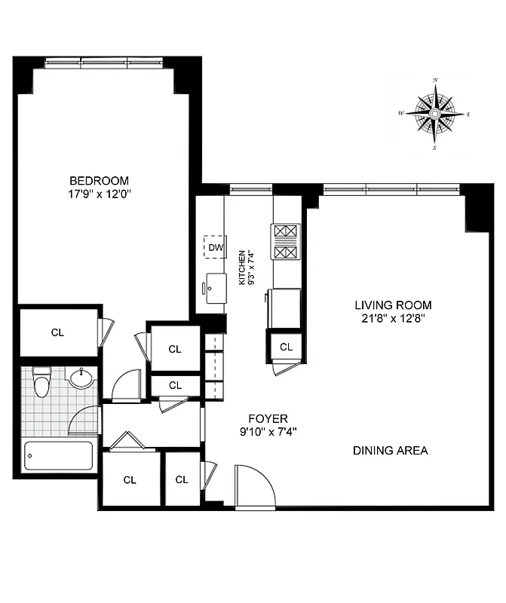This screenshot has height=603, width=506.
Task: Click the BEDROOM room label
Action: pyautogui.click(x=99, y=181)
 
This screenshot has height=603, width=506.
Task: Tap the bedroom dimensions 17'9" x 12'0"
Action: pyautogui.click(x=99, y=194)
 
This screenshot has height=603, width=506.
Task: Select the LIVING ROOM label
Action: pyautogui.click(x=394, y=305)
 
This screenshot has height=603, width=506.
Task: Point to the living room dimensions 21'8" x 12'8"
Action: pyautogui.click(x=394, y=319)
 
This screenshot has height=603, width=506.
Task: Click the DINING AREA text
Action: pyautogui.click(x=391, y=451)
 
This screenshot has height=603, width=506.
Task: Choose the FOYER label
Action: pyautogui.click(x=268, y=419)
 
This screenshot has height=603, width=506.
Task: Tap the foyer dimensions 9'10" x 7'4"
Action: pyautogui.click(x=268, y=433)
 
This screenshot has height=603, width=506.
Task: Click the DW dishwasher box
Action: pyautogui.click(x=215, y=246)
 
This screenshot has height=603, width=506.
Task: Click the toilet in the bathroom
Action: pyautogui.click(x=43, y=382)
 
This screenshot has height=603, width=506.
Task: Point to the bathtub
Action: pyautogui.click(x=59, y=456)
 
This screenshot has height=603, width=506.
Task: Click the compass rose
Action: pyautogui.click(x=435, y=114)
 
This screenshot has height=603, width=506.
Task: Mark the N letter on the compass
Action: pyautogui.click(x=435, y=80)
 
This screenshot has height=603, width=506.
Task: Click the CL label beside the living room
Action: pyautogui.click(x=287, y=347)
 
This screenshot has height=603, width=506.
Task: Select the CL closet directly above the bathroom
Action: pyautogui.click(x=57, y=332)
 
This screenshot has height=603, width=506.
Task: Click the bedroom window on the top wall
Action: pyautogui.click(x=106, y=62)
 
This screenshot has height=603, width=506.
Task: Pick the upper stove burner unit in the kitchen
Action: pyautogui.click(x=286, y=231)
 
